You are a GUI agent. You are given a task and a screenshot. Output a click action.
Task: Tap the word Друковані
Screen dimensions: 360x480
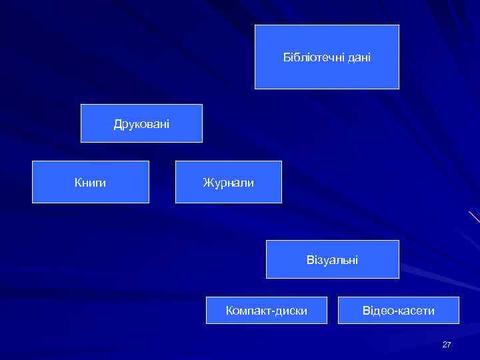(x=141, y=124)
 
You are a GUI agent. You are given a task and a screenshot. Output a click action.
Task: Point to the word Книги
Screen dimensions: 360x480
(x=90, y=182)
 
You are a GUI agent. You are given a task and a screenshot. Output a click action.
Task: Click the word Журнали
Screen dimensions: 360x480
(x=228, y=182)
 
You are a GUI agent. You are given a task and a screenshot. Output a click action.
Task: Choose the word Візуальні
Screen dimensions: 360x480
(x=332, y=260)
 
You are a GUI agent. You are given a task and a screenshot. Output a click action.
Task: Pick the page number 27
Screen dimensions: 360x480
(x=447, y=345)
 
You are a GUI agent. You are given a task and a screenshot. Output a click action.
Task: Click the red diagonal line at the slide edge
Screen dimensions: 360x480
(x=474, y=216)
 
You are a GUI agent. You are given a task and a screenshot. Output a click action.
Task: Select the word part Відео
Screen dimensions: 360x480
(x=378, y=311)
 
